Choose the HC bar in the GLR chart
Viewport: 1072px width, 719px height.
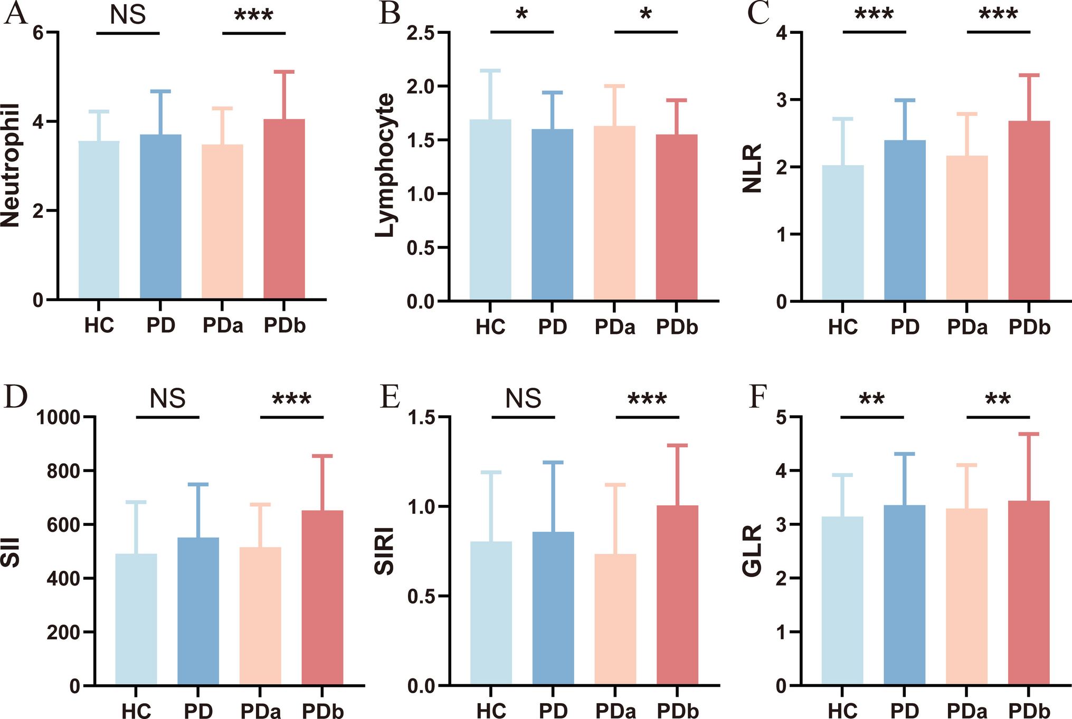[842, 601]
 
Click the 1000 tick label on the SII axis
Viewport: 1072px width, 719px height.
[58, 418]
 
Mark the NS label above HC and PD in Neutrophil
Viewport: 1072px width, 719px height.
[128, 15]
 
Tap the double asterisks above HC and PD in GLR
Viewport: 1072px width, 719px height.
[871, 399]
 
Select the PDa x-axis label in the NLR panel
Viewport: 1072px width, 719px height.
[967, 328]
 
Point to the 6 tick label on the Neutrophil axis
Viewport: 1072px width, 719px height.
[38, 33]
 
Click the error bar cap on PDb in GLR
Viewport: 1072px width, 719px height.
[1029, 434]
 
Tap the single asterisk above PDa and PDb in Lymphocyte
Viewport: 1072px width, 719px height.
[646, 15]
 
